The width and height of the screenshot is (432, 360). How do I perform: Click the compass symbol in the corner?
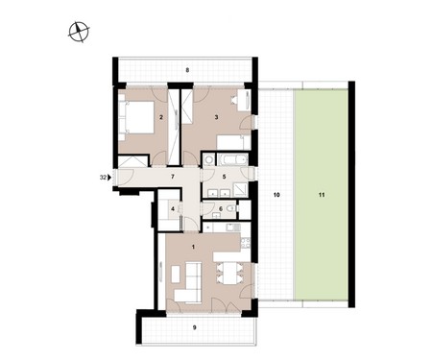coord(79,32)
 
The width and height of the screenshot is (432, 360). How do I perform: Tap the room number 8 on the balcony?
coord(188,69)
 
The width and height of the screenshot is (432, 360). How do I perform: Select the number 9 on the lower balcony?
coord(195,327)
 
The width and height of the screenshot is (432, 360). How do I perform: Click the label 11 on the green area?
coord(322,195)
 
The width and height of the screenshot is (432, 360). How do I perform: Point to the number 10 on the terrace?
coord(276,195)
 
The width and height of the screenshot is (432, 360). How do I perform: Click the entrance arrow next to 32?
coord(109,177)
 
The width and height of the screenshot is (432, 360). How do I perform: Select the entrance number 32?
coord(103,178)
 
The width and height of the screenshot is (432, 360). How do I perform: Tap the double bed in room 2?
coord(136,117)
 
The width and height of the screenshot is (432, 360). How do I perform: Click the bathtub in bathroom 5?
coord(232,159)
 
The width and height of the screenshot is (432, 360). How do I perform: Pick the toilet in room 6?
coord(230,209)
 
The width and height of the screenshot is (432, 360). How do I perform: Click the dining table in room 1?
coord(230,273)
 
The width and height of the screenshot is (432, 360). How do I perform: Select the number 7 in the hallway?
coord(173,177)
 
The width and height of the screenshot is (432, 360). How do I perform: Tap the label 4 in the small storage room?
coord(173,209)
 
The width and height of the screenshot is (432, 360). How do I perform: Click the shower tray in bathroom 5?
coord(240,190)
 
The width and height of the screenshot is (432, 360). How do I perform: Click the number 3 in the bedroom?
coord(216,117)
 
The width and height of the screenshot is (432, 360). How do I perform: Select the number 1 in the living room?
coord(193,247)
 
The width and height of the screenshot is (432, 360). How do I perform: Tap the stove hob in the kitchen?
coord(246,243)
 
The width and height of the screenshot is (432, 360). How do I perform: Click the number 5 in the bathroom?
coord(224,177)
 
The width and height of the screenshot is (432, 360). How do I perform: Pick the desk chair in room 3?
coord(234,100)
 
